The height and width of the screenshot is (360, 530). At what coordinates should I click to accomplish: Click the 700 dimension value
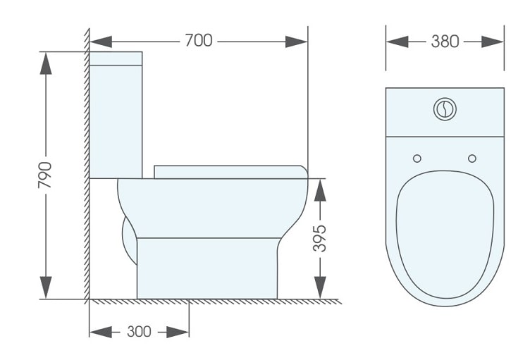point(199,41)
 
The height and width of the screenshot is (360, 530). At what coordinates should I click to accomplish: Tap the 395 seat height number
point(320,239)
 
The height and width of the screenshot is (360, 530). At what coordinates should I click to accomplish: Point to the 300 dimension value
point(138,331)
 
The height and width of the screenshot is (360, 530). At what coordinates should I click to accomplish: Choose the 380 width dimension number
point(445,41)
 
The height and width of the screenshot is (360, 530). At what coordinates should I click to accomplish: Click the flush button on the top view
point(445,108)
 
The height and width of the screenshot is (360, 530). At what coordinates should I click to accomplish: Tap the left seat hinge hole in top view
point(417,158)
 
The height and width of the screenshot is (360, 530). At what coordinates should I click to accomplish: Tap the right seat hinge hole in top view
point(472,158)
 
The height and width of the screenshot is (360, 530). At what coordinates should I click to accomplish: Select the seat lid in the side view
point(230,171)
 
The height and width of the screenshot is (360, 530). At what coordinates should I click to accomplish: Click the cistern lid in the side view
point(116,58)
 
